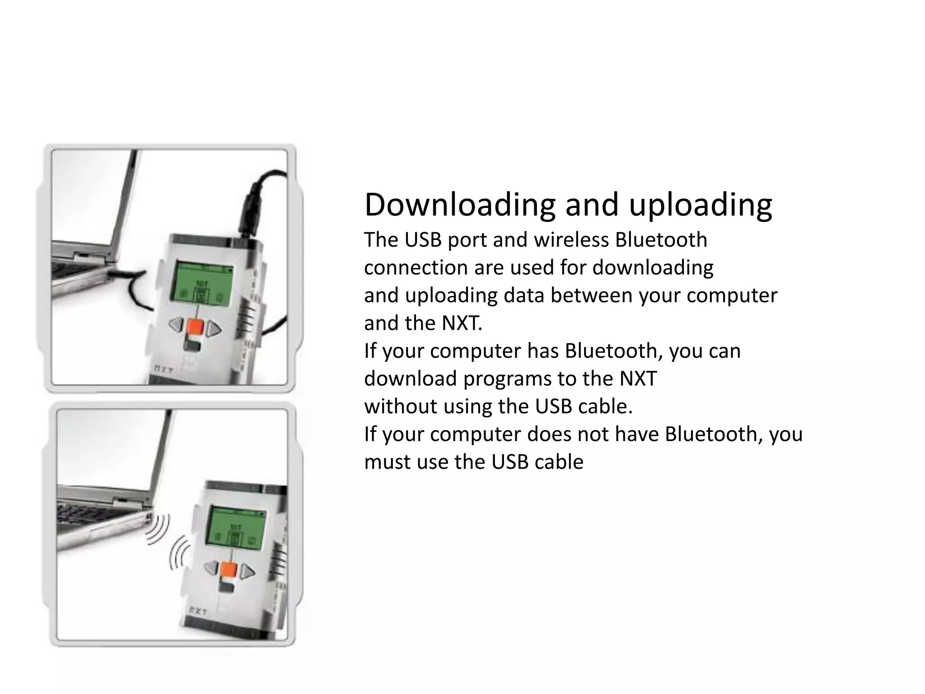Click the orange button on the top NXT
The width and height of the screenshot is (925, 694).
tap(195, 326)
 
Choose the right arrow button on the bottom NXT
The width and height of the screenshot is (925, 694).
tap(247, 573)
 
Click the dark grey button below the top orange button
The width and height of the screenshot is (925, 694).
tap(192, 346)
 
